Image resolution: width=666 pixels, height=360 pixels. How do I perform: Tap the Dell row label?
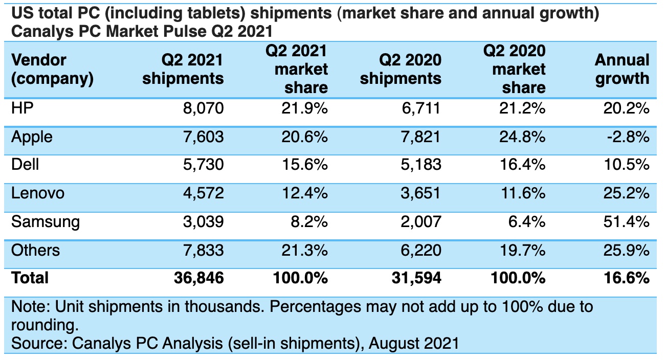point(25,165)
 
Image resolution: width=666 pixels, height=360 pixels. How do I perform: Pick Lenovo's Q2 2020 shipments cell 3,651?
point(421,193)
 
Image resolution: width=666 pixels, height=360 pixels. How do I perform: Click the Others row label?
point(35,250)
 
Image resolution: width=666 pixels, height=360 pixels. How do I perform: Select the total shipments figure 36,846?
point(198,278)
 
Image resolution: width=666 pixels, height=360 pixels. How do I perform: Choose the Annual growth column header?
point(621,69)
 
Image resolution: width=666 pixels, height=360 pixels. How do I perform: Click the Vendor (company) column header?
point(52,69)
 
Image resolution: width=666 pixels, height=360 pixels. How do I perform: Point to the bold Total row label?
point(30,278)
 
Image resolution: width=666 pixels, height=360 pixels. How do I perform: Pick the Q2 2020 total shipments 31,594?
point(415,278)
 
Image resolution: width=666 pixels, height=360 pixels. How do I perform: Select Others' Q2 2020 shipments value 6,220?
point(421,250)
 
